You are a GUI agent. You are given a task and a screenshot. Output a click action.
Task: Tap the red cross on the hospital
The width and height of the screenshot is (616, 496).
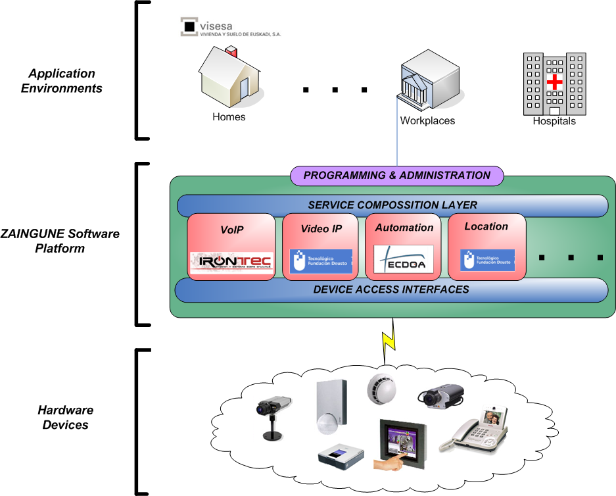(556, 82)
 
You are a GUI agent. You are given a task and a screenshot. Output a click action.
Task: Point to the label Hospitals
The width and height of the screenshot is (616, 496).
(554, 121)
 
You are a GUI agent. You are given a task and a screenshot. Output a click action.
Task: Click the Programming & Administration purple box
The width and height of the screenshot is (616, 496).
(397, 176)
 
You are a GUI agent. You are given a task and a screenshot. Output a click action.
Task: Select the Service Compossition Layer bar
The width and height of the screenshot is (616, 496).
(392, 205)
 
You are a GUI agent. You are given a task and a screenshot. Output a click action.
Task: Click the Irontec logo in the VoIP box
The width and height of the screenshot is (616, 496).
(231, 262)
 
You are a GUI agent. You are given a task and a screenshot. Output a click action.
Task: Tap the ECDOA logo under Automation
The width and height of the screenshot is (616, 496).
(403, 259)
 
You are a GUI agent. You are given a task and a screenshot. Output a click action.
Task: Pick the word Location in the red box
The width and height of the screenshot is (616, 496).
(486, 226)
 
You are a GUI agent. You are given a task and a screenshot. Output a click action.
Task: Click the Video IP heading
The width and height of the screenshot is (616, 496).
(321, 228)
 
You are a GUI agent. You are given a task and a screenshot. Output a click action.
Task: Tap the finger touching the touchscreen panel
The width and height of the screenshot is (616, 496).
(389, 463)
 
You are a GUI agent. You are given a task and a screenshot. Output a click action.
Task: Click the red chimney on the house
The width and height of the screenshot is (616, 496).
(231, 51)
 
